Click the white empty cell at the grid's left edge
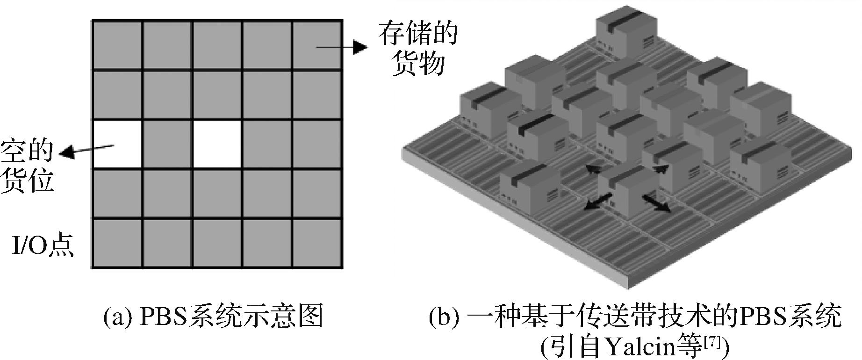pos(117,144)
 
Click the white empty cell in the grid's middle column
pos(217,144)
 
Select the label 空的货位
pos(27,165)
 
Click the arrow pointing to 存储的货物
pos(341,46)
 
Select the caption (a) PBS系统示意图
pos(213,316)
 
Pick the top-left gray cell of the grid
pos(117,45)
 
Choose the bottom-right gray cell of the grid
pos(317,244)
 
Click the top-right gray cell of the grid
pos(317,45)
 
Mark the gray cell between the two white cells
pos(167,144)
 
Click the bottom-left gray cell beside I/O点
pos(117,244)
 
